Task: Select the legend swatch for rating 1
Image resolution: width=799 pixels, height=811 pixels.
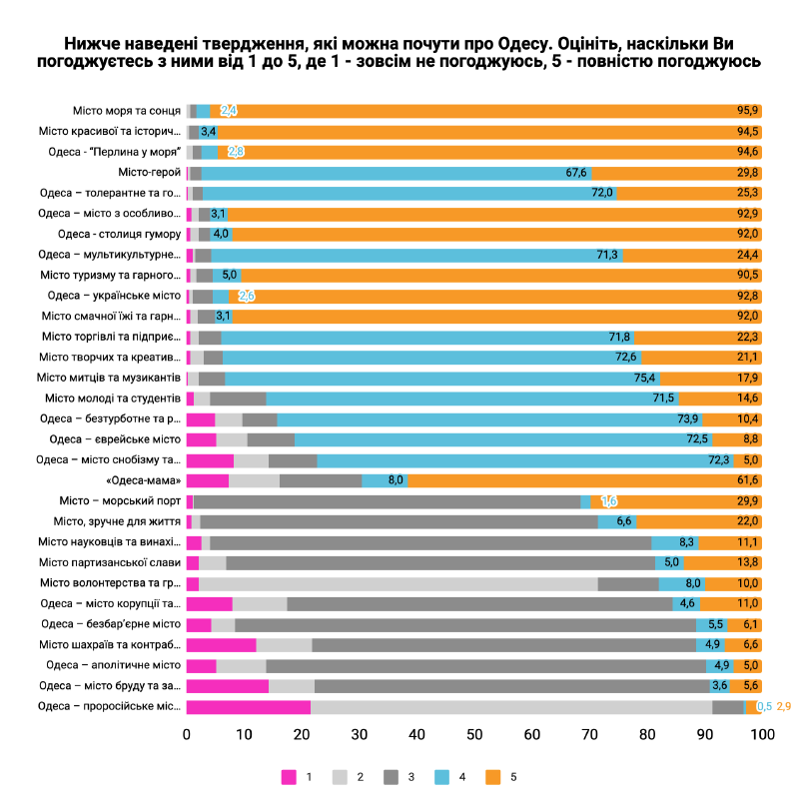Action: pos(290,776)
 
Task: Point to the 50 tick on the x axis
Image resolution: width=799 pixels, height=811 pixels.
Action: pos(474,735)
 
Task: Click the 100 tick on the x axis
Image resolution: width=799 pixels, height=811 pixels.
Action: pos(762,735)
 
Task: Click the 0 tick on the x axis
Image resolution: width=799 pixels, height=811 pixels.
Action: pos(187,735)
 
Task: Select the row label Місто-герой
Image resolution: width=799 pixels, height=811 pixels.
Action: pos(149,173)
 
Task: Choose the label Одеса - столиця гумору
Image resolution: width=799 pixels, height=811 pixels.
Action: pos(119,234)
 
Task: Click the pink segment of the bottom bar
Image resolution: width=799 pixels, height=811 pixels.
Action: pos(248,706)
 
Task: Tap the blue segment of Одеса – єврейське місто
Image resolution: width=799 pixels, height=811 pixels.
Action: pos(499,439)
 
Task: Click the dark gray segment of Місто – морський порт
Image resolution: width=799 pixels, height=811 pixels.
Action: pos(386,501)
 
